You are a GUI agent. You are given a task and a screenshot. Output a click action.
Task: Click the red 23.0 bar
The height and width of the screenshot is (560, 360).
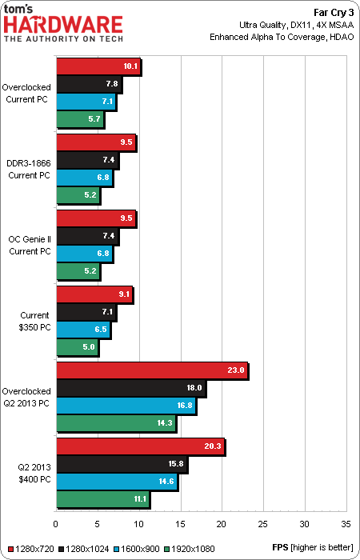point(153,370)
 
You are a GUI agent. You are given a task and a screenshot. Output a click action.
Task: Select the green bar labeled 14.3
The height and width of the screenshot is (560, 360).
point(117,423)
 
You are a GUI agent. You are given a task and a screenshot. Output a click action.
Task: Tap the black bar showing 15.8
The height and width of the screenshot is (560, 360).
point(122,463)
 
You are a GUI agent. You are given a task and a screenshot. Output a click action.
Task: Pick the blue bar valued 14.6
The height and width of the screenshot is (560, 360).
point(117,481)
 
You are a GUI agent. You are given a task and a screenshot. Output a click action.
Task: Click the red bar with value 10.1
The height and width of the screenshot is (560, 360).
point(98,66)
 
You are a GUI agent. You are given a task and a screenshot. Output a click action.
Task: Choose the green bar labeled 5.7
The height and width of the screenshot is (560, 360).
point(80,119)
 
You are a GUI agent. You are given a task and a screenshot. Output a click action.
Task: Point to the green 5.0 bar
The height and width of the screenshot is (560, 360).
point(77,346)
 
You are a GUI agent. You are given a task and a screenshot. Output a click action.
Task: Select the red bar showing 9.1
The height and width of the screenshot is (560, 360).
point(94,294)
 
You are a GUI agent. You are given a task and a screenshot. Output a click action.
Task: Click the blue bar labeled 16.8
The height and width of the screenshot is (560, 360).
point(126,406)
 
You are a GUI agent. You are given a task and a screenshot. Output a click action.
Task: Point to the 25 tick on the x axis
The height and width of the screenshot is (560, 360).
point(263,524)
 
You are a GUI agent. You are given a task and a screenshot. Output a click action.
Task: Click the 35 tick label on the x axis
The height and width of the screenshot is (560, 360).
point(346,524)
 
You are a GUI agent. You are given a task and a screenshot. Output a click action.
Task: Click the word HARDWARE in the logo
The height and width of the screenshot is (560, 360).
point(63,25)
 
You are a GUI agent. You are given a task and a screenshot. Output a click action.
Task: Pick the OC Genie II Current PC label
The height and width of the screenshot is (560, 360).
point(30,245)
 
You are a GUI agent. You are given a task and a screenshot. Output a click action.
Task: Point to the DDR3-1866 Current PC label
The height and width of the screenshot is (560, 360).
point(30,169)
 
